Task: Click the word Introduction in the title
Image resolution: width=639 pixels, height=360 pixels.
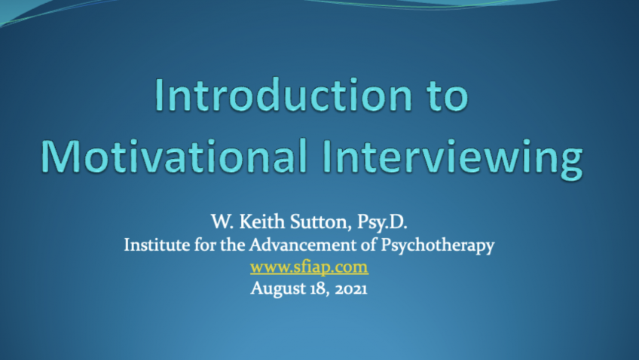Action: tap(284, 95)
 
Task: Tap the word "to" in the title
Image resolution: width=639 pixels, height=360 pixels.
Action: tap(448, 96)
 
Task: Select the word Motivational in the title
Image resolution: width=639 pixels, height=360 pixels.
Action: tap(173, 156)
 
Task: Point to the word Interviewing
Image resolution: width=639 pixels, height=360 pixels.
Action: tap(452, 159)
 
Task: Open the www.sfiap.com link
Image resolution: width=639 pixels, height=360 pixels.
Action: tap(309, 267)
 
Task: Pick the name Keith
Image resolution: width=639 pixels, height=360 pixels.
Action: tap(262, 221)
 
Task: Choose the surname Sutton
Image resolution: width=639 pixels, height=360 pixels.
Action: tap(321, 222)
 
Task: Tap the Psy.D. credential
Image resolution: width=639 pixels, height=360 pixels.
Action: tap(382, 222)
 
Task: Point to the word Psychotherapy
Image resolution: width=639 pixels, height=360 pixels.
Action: tap(438, 246)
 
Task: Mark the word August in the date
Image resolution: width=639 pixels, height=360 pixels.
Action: tap(277, 288)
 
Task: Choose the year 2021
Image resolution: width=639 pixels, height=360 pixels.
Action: tap(351, 289)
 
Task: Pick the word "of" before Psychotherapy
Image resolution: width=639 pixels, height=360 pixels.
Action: tap(368, 245)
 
